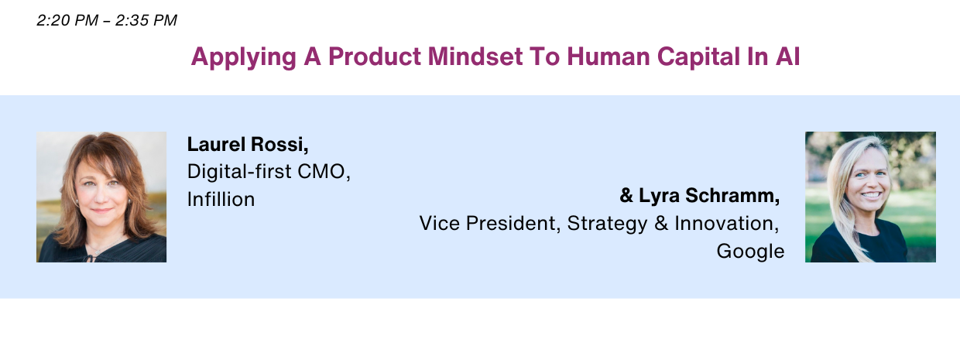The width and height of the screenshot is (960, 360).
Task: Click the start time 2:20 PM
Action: click(x=67, y=20)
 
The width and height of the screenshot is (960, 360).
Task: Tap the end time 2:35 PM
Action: click(x=146, y=20)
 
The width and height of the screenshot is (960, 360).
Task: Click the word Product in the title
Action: click(x=375, y=57)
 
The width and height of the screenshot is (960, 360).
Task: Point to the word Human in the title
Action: click(x=609, y=57)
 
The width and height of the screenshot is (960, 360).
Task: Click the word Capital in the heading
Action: click(x=698, y=57)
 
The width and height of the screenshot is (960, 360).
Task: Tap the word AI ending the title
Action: click(x=787, y=57)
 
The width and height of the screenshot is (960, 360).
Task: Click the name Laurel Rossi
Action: click(x=248, y=145)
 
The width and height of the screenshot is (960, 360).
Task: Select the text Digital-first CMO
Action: click(x=269, y=171)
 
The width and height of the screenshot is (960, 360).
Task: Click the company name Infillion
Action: click(x=221, y=199)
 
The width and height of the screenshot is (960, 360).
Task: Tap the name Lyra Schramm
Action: click(x=709, y=195)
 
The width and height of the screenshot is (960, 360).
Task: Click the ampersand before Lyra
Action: click(x=626, y=195)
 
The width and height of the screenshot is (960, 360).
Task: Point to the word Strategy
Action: click(x=607, y=224)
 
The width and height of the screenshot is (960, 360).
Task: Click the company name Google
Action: click(x=750, y=252)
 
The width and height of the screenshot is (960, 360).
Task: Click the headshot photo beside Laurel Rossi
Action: click(x=101, y=197)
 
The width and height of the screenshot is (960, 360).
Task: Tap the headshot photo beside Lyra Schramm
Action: click(x=870, y=197)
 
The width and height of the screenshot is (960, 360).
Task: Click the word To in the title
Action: click(x=544, y=57)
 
